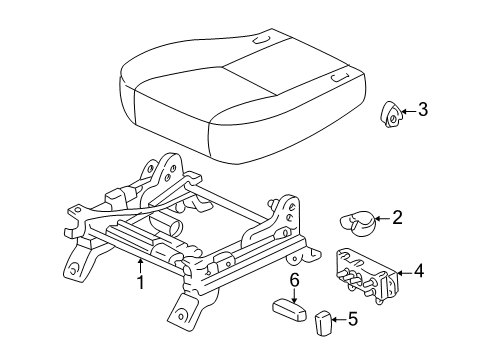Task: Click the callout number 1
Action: (x=141, y=283)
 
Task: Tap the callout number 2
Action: (x=397, y=217)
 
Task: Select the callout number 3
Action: (x=423, y=110)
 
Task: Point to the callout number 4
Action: (x=418, y=270)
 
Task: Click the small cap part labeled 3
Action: (x=391, y=115)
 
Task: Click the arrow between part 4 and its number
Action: (x=402, y=270)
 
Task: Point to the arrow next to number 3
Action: (x=407, y=111)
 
